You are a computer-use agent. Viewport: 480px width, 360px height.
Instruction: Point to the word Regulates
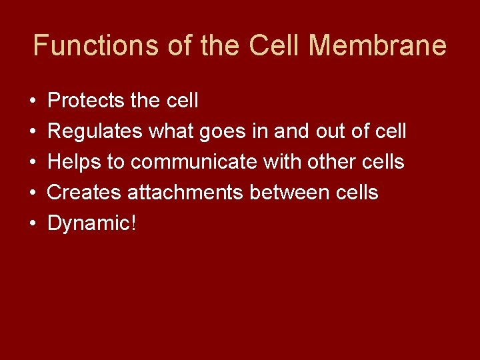click(x=95, y=131)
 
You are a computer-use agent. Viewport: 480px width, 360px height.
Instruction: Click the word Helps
click(x=74, y=163)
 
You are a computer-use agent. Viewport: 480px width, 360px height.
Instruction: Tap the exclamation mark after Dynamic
click(x=133, y=223)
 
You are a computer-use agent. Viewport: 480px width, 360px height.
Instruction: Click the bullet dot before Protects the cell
click(x=33, y=102)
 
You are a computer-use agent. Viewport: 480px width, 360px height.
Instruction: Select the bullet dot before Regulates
click(x=33, y=133)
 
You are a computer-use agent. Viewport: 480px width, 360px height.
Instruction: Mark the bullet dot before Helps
click(x=33, y=163)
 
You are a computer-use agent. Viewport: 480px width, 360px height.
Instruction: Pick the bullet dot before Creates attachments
click(x=33, y=194)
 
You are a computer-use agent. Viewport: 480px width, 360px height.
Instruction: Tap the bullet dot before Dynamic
click(x=33, y=225)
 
